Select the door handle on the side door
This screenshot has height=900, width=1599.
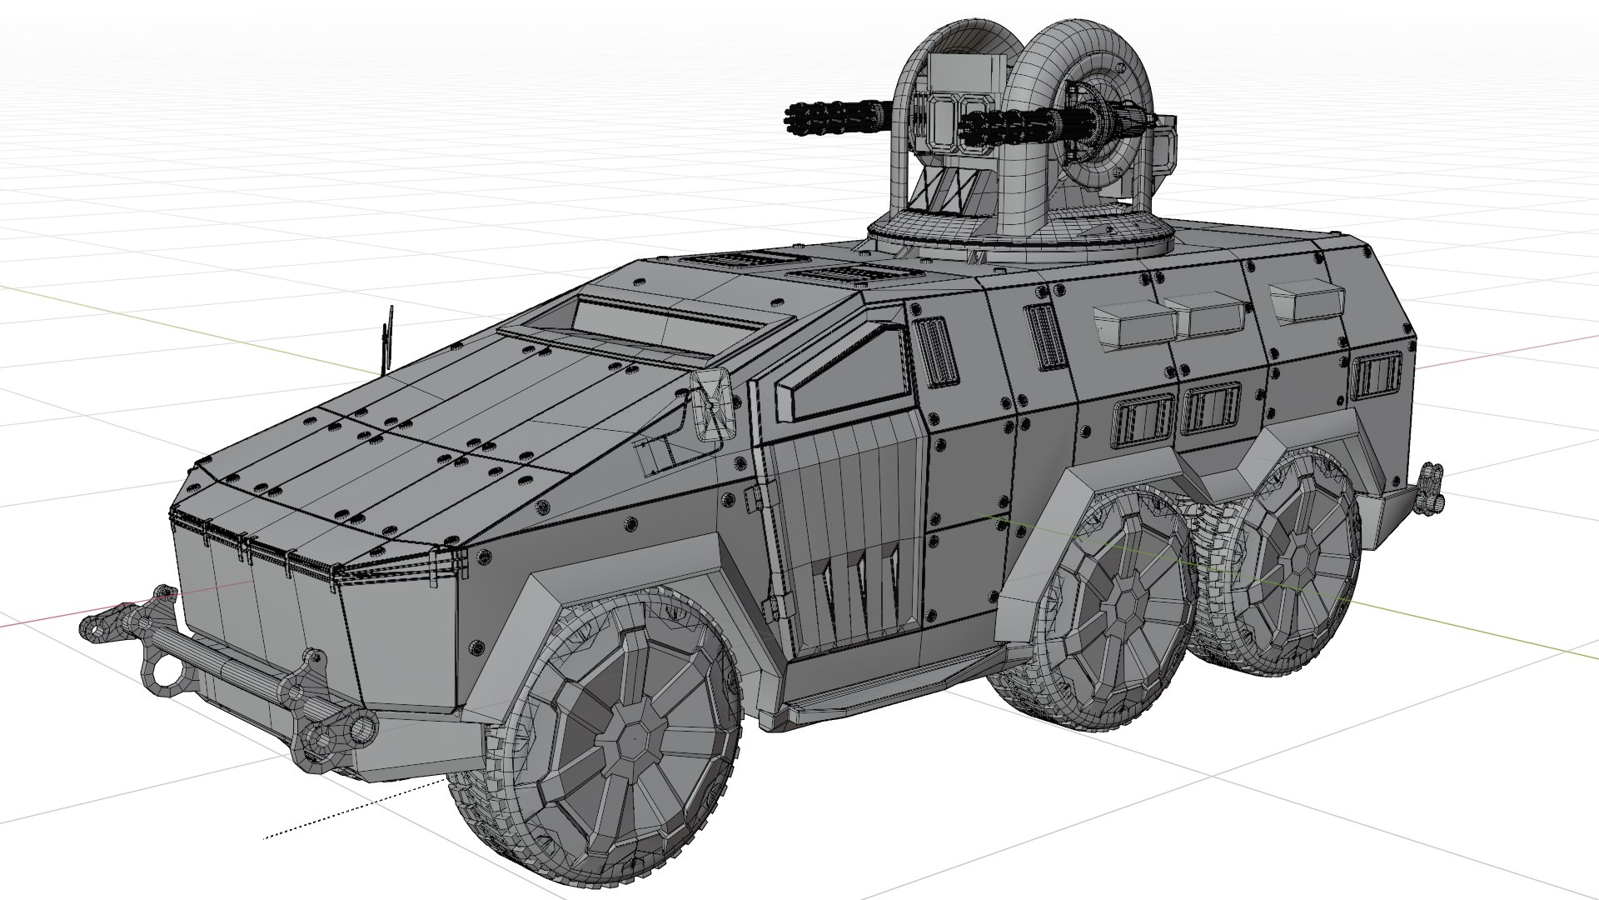click(749, 498)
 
